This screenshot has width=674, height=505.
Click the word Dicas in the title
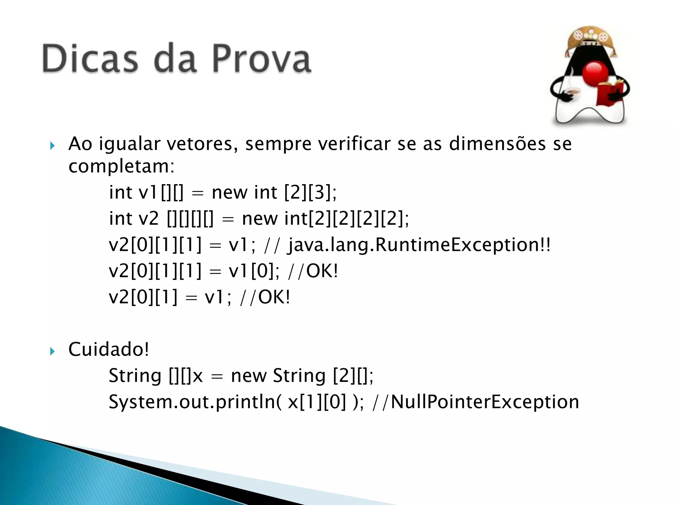(x=90, y=59)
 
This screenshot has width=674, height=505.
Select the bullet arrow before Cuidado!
(x=52, y=351)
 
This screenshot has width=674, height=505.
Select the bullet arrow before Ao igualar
(x=52, y=146)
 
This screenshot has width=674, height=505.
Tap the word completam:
(x=121, y=166)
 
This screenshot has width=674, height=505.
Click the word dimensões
(x=497, y=144)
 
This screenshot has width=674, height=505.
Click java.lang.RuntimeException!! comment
(x=419, y=245)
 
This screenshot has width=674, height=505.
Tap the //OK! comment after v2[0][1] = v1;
(x=265, y=298)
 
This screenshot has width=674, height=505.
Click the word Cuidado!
(x=109, y=349)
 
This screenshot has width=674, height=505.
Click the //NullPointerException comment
(x=476, y=402)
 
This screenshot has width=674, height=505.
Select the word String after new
(x=299, y=376)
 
